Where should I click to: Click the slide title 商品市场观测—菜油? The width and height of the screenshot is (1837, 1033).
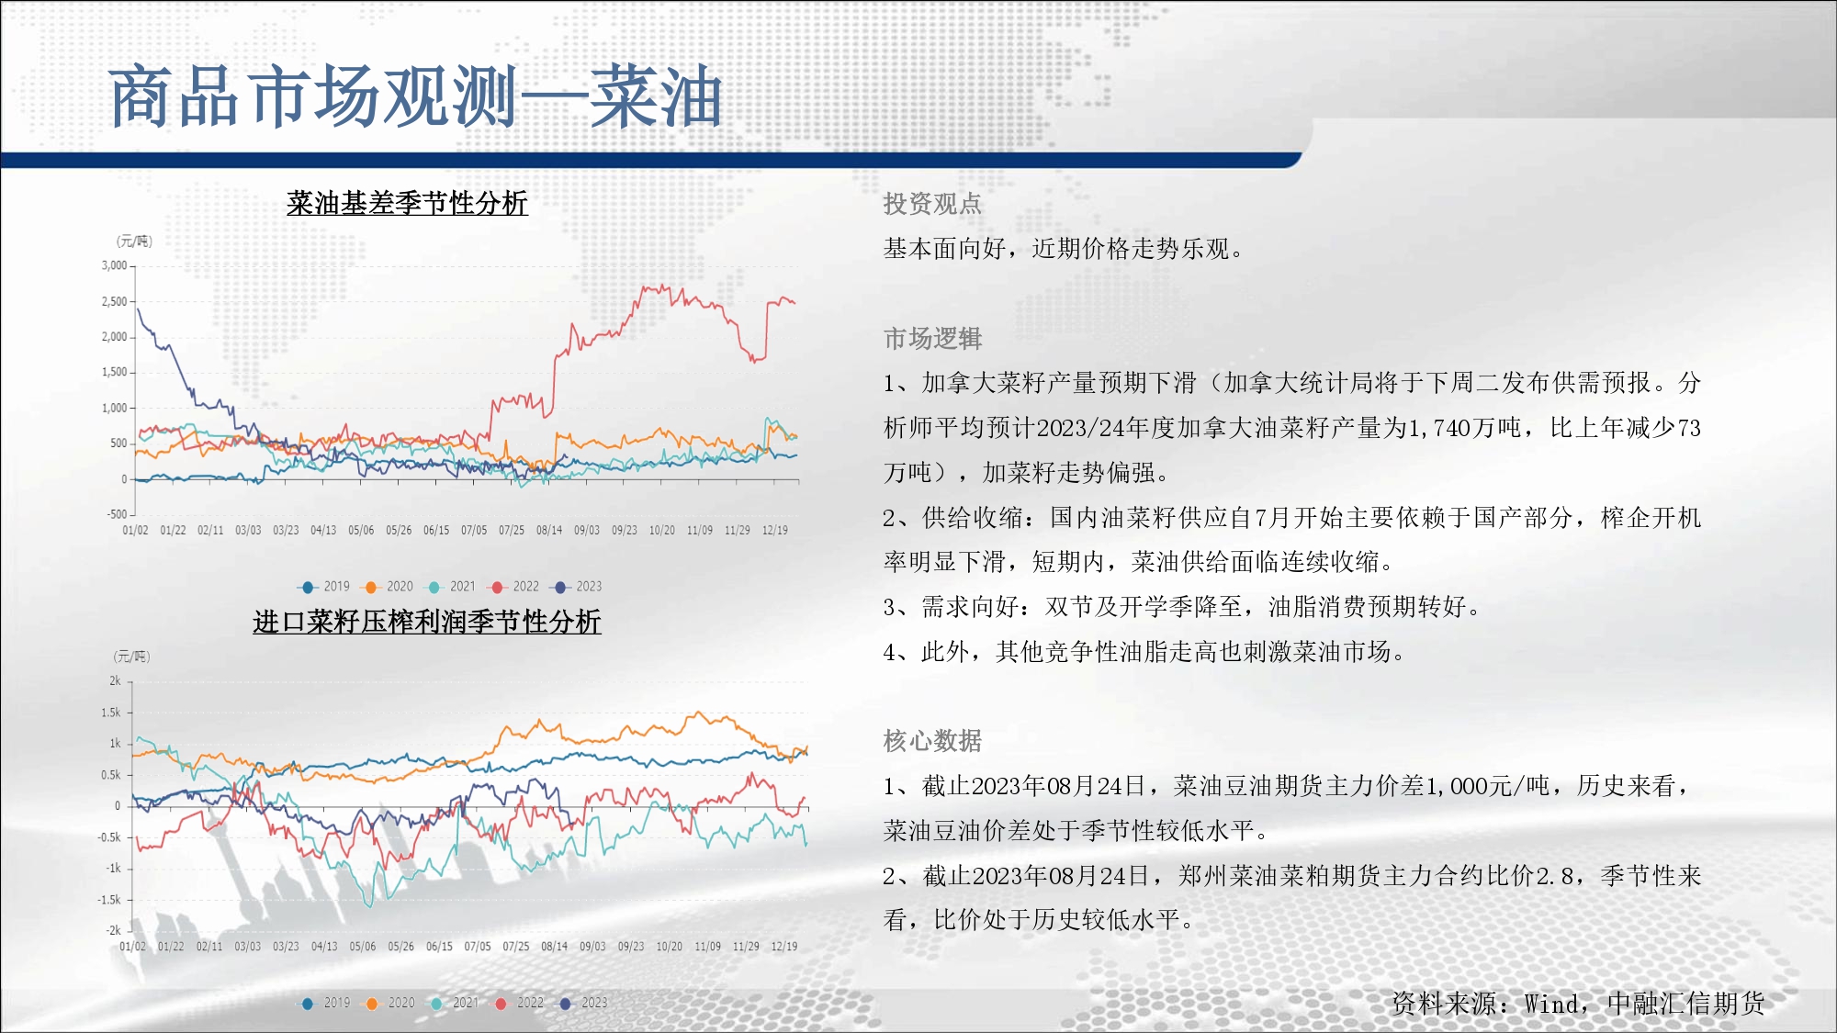pyautogui.click(x=415, y=97)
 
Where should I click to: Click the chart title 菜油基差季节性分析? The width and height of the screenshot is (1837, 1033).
pyautogui.click(x=407, y=203)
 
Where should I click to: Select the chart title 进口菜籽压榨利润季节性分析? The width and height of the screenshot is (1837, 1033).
pyautogui.click(x=427, y=622)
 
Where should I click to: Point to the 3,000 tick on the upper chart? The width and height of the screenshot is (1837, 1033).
pyautogui.click(x=115, y=265)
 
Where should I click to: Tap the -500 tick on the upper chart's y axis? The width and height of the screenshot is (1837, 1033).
pyautogui.click(x=117, y=514)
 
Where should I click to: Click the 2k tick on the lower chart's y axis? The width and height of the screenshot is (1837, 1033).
pyautogui.click(x=115, y=681)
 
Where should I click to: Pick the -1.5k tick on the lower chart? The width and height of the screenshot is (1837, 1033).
pyautogui.click(x=109, y=900)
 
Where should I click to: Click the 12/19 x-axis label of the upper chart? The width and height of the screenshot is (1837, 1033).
pyautogui.click(x=775, y=531)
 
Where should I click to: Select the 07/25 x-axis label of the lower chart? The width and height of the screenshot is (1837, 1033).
pyautogui.click(x=516, y=947)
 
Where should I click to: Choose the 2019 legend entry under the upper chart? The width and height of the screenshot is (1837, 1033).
pyautogui.click(x=325, y=587)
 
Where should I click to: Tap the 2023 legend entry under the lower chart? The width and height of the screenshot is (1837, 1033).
pyautogui.click(x=584, y=1004)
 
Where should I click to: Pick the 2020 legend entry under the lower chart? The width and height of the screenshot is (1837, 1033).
pyautogui.click(x=391, y=1004)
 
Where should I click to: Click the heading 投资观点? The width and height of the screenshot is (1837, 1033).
pyautogui.click(x=932, y=204)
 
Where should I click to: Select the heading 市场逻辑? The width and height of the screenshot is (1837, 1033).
pyautogui.click(x=932, y=339)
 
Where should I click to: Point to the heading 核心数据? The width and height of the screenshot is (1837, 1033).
pyautogui.click(x=932, y=741)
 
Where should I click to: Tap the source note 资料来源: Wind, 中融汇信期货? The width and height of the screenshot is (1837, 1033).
pyautogui.click(x=1578, y=1004)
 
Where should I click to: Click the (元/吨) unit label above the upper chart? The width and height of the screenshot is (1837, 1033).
pyautogui.click(x=134, y=241)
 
